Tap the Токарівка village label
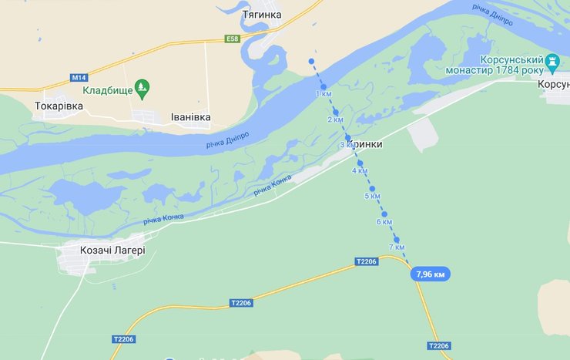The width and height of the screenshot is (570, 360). [x=59, y=106]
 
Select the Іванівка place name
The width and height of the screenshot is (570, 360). [x=190, y=117]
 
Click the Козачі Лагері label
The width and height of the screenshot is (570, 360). [x=112, y=250]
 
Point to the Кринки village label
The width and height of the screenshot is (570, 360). [x=366, y=144]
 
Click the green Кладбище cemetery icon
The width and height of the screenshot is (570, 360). [x=142, y=87]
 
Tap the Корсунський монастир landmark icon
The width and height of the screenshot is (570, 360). [x=552, y=61]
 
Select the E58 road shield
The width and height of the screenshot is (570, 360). [x=232, y=39]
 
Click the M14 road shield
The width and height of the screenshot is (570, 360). [x=78, y=77]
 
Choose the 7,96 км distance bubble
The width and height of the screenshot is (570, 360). [x=430, y=274]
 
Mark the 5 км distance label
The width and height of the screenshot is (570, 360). [x=372, y=196]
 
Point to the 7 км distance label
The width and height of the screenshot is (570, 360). [x=397, y=247]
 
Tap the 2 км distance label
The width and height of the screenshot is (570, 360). [x=335, y=119]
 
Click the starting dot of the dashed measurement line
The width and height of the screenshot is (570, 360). [x=311, y=60]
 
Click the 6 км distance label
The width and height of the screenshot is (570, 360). [x=384, y=221]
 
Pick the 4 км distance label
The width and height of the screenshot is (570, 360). [x=360, y=170]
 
